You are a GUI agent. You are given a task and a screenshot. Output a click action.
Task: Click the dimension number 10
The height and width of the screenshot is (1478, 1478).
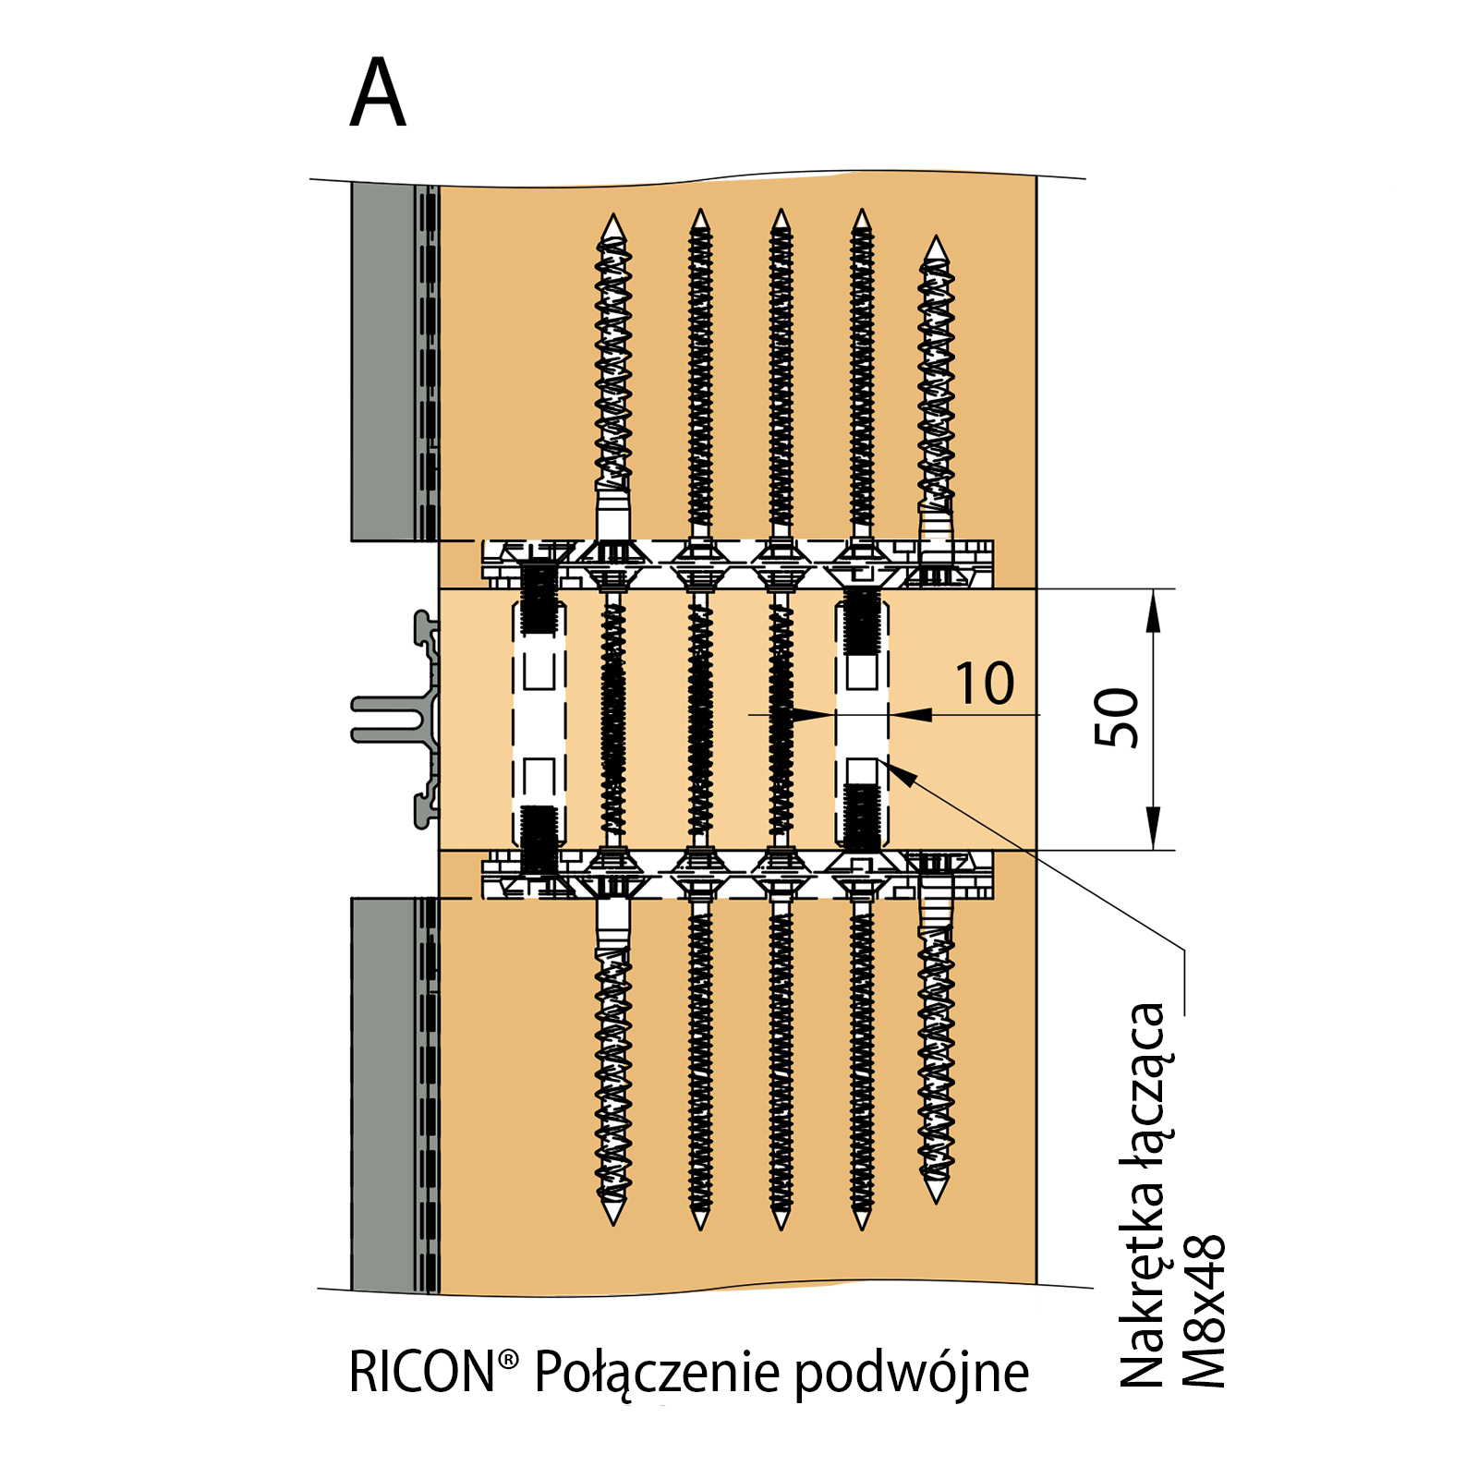tap(985, 684)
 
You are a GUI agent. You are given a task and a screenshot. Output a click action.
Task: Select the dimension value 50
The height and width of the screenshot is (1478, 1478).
tap(1117, 718)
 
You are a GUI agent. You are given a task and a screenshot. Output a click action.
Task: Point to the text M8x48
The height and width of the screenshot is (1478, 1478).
tap(1204, 1311)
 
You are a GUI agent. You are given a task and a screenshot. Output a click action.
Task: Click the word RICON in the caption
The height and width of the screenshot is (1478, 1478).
tap(422, 1372)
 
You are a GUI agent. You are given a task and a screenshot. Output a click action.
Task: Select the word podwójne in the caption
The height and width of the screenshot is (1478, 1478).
tap(912, 1374)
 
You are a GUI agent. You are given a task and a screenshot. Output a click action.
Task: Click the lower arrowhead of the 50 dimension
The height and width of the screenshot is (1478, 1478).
tap(1152, 828)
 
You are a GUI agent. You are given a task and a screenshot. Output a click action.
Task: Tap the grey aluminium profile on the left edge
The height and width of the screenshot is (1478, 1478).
tap(399, 719)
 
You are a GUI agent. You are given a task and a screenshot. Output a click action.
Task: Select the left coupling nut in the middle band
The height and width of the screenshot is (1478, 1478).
tap(539, 720)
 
